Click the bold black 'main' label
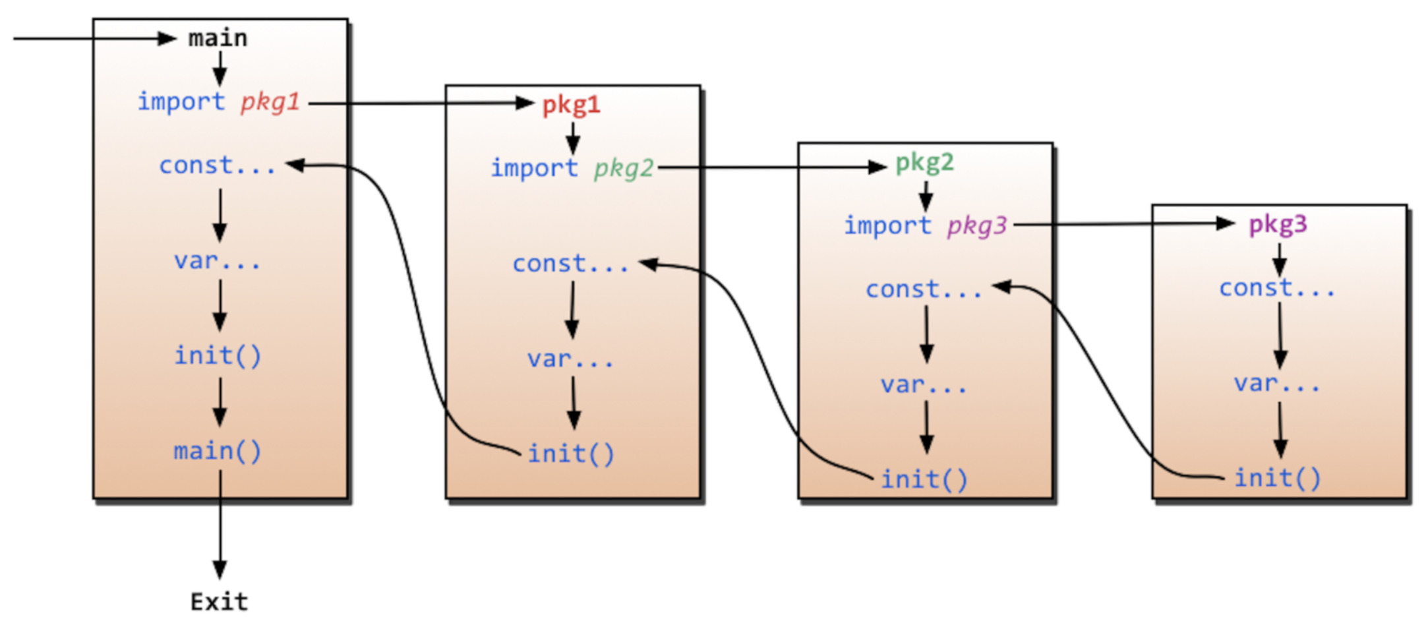click(218, 39)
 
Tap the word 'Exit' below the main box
click(219, 601)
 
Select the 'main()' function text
click(218, 452)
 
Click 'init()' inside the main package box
click(218, 356)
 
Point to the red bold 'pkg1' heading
click(571, 105)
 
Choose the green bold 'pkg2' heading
click(924, 163)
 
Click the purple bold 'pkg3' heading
click(1278, 225)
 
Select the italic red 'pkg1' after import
click(270, 102)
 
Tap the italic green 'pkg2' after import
click(624, 169)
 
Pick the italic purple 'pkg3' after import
click(977, 226)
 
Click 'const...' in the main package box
click(218, 165)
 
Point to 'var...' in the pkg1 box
click(571, 359)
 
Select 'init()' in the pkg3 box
click(1278, 478)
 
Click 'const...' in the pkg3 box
click(1278, 288)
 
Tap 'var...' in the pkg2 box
click(924, 384)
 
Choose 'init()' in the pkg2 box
click(924, 479)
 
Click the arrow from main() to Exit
click(220, 527)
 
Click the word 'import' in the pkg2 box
click(887, 226)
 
